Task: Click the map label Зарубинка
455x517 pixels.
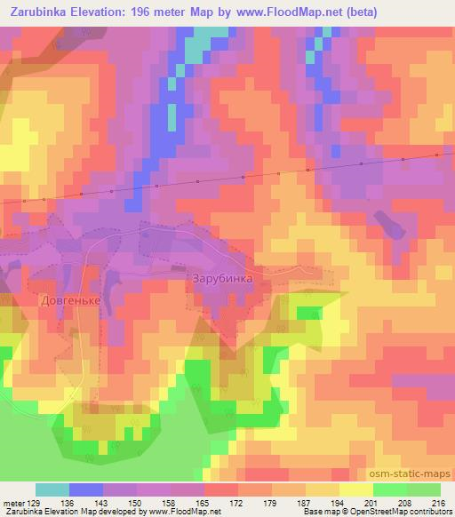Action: (222, 278)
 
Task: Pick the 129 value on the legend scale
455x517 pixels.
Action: (34, 503)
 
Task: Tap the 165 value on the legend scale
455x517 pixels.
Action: (204, 503)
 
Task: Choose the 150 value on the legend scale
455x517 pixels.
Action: (135, 503)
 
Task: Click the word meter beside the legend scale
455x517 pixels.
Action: (13, 503)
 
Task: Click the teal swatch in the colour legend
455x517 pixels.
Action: (52, 489)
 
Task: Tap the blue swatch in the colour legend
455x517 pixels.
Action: (86, 489)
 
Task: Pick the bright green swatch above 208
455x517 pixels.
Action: (390, 489)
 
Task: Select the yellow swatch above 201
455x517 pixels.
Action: (356, 489)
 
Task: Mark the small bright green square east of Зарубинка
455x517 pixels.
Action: (308, 313)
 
